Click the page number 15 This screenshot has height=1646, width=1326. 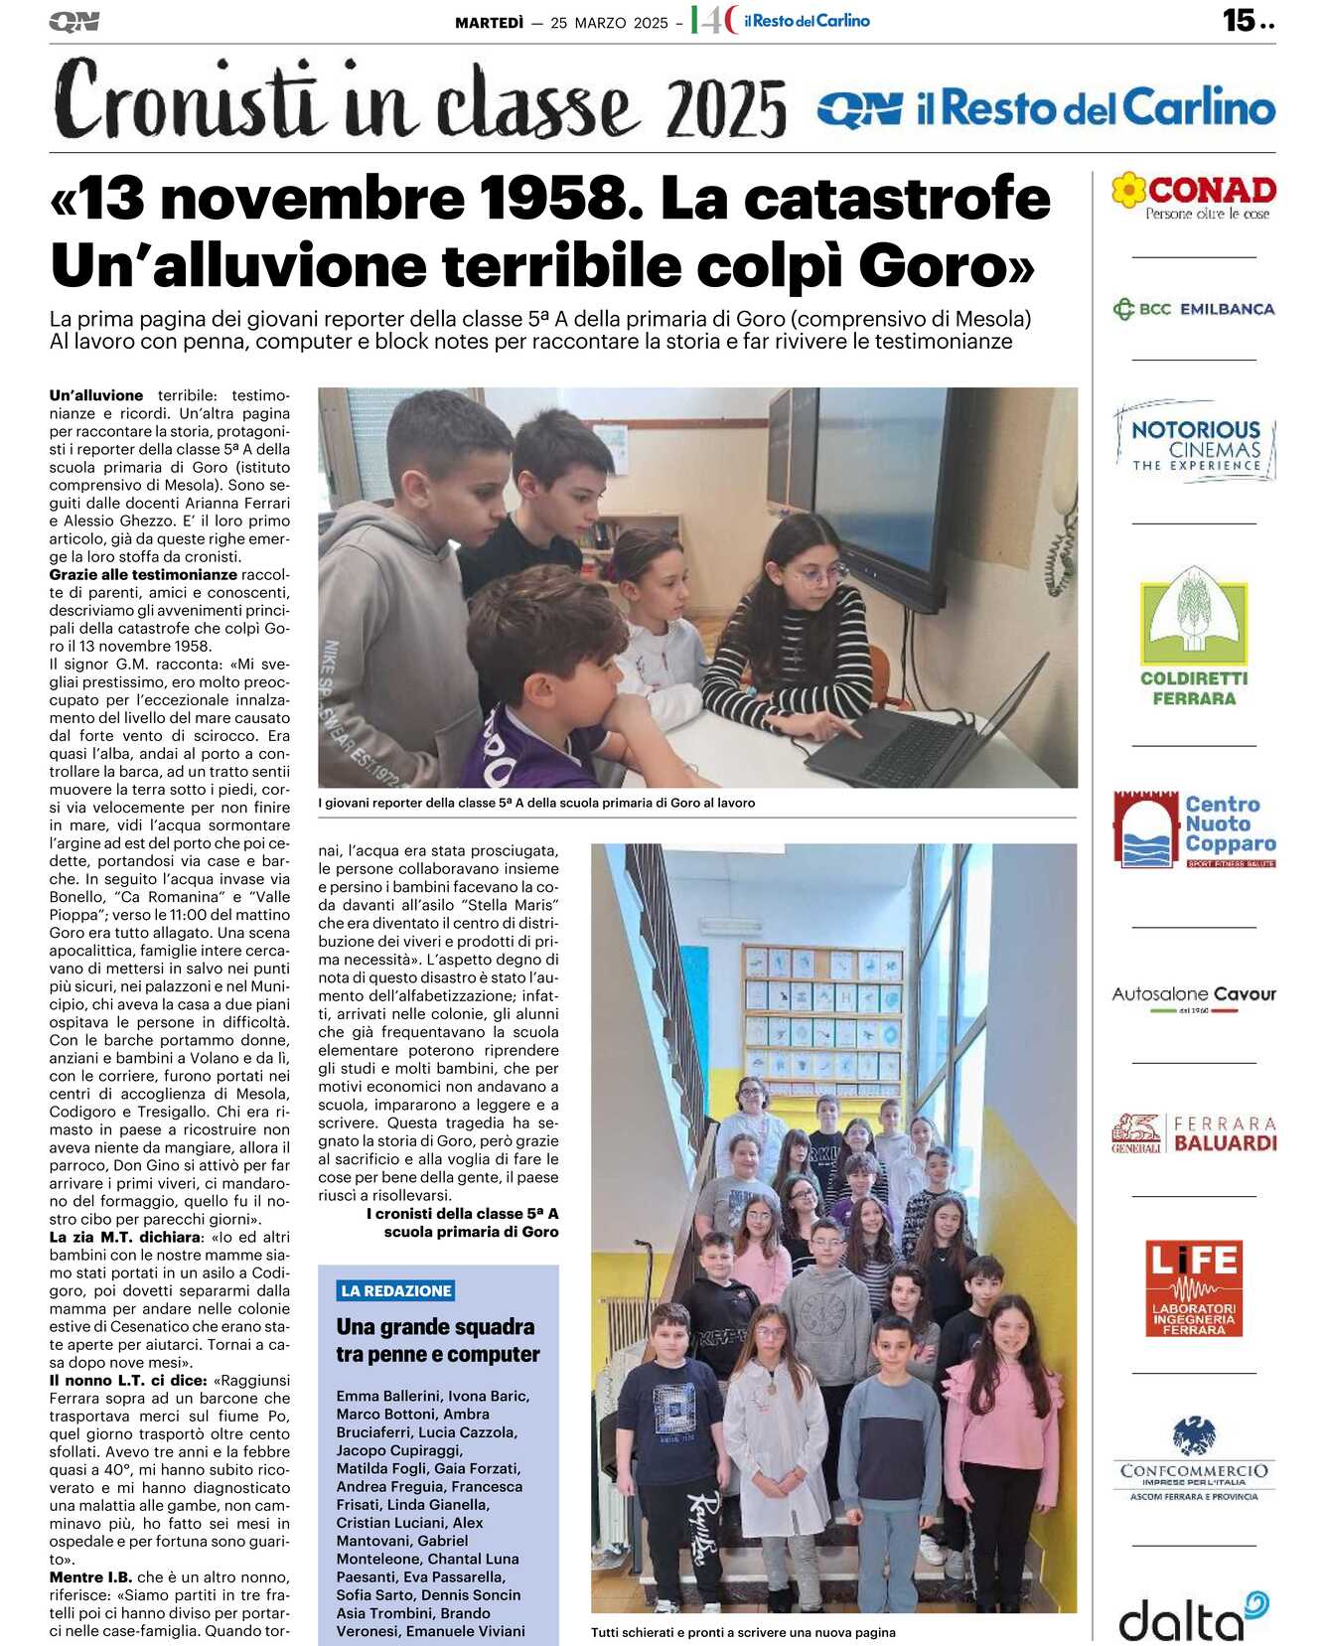click(1240, 20)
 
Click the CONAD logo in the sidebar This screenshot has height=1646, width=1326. click(1194, 196)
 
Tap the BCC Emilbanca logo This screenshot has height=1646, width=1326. click(1194, 309)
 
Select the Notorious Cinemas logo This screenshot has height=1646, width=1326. click(1195, 442)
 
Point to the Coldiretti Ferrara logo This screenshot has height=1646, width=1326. click(1194, 637)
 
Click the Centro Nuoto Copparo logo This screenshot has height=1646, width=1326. click(1194, 828)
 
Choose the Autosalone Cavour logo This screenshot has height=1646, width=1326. click(1194, 995)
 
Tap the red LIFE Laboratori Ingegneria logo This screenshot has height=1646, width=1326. click(1194, 1287)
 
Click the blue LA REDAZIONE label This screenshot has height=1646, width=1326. click(396, 1290)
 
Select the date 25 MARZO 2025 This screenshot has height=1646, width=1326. click(609, 23)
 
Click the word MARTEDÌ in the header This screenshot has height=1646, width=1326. click(489, 23)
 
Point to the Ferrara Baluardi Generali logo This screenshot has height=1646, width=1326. click(1194, 1133)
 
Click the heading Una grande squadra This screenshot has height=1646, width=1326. click(435, 1326)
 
